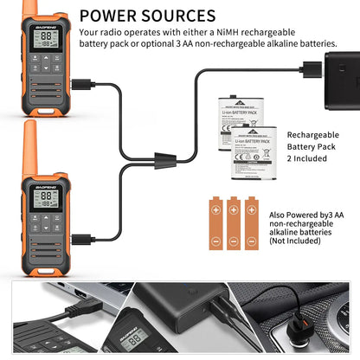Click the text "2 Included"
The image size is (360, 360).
pyautogui.click(x=306, y=158)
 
